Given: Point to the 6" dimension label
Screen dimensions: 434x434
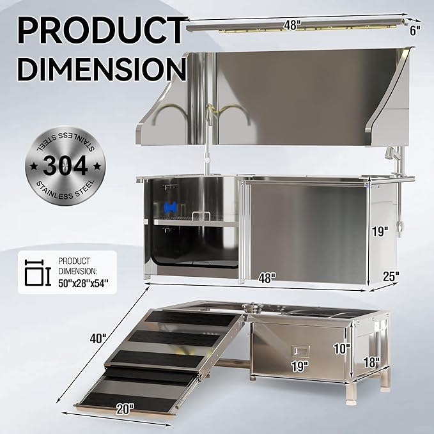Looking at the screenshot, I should (417, 30).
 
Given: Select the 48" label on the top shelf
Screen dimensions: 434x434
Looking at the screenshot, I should (292, 26).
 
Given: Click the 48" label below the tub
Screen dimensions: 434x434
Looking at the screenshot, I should (267, 277).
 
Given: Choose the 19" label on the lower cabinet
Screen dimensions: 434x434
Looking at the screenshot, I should (298, 366).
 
